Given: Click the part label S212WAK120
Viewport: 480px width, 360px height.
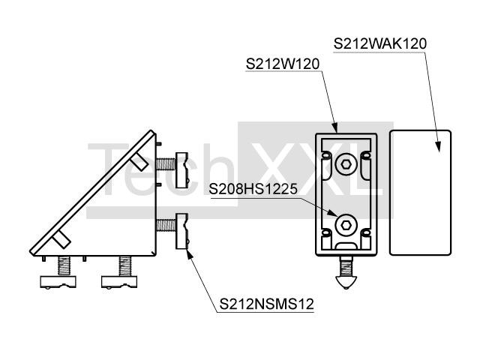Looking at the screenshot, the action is coord(380,43).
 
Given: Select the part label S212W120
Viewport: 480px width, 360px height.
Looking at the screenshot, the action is coord(283,64).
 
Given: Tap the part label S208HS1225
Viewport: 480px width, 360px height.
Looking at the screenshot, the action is coord(253,189).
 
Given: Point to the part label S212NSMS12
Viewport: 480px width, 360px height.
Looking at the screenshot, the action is coord(267,304).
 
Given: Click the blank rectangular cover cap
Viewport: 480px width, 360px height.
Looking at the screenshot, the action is coord(420,193).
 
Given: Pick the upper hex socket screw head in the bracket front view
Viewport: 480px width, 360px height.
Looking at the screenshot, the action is coord(346,164).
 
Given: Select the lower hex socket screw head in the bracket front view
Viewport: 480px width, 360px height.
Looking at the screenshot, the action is coord(346,226).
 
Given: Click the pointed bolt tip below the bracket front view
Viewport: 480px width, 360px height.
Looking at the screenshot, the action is coord(346,283).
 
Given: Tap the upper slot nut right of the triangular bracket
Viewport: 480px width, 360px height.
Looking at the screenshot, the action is coord(181,170).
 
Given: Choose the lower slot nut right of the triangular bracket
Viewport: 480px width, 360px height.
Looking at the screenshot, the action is coord(181,231).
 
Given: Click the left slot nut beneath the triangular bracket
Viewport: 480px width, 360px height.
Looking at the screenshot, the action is coord(58,282).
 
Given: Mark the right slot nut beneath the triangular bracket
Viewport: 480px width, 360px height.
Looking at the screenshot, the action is coord(119,282).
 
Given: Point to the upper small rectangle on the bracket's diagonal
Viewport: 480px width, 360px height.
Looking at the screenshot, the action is coord(139,161).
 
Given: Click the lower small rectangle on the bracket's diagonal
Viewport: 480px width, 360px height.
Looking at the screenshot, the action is coord(61,239).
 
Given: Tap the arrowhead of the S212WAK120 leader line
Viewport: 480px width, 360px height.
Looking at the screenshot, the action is coord(439,146).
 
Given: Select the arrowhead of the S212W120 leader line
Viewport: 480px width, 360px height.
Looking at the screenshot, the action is coord(335,128).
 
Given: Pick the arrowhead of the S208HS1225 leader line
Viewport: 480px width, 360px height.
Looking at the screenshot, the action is coord(331,212).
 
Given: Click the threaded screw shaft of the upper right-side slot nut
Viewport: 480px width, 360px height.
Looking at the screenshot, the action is coord(166,164).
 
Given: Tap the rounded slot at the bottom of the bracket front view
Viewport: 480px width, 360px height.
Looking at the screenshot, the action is coord(346,245).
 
